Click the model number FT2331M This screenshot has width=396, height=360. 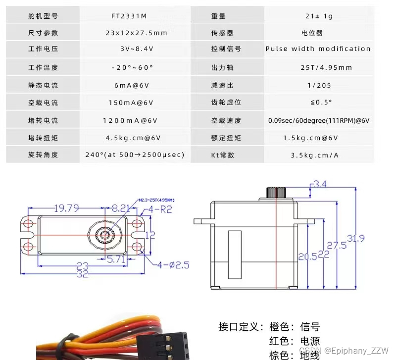(x=129, y=16)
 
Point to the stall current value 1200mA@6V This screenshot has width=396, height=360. (x=130, y=120)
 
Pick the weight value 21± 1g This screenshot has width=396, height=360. (x=319, y=16)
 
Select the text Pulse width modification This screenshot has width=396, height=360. (x=318, y=49)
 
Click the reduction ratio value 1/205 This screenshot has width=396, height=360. (x=319, y=85)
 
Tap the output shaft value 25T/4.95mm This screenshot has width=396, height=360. (x=319, y=67)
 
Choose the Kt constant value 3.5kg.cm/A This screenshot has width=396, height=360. (x=315, y=155)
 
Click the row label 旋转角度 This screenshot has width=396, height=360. (x=43, y=155)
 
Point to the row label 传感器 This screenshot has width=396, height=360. (x=222, y=33)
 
